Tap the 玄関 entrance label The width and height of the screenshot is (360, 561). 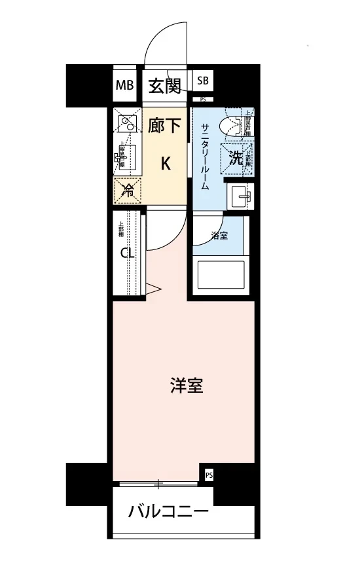164,85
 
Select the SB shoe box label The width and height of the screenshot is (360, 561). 203,81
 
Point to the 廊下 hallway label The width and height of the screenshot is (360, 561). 164,126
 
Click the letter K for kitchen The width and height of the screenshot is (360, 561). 166,164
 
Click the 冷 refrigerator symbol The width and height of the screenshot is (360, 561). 128,191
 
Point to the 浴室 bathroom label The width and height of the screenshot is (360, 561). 219,236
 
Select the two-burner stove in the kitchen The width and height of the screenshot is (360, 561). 127,122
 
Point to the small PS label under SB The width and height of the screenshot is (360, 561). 203,100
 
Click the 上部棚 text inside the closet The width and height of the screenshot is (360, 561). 120,231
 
